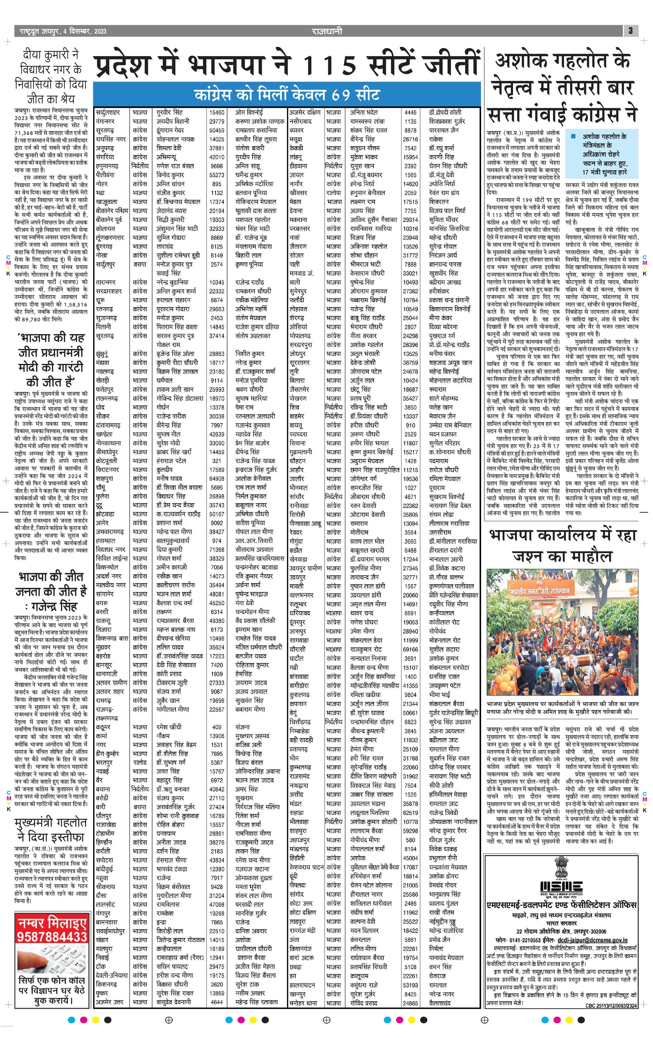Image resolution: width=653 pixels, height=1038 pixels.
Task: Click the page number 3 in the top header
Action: [x=630, y=31]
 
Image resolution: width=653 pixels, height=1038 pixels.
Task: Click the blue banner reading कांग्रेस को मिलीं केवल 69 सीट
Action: [x=287, y=94]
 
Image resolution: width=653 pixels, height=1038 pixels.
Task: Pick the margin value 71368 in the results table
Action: [x=217, y=550]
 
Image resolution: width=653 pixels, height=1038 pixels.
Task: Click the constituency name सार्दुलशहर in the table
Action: [x=108, y=112]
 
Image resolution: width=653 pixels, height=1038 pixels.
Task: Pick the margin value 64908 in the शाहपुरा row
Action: [x=217, y=478]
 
